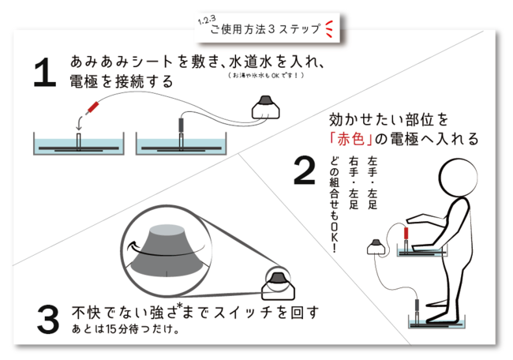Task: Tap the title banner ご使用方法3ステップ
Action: (264, 29)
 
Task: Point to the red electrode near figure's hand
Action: (406, 234)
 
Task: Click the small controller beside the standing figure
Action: (376, 247)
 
